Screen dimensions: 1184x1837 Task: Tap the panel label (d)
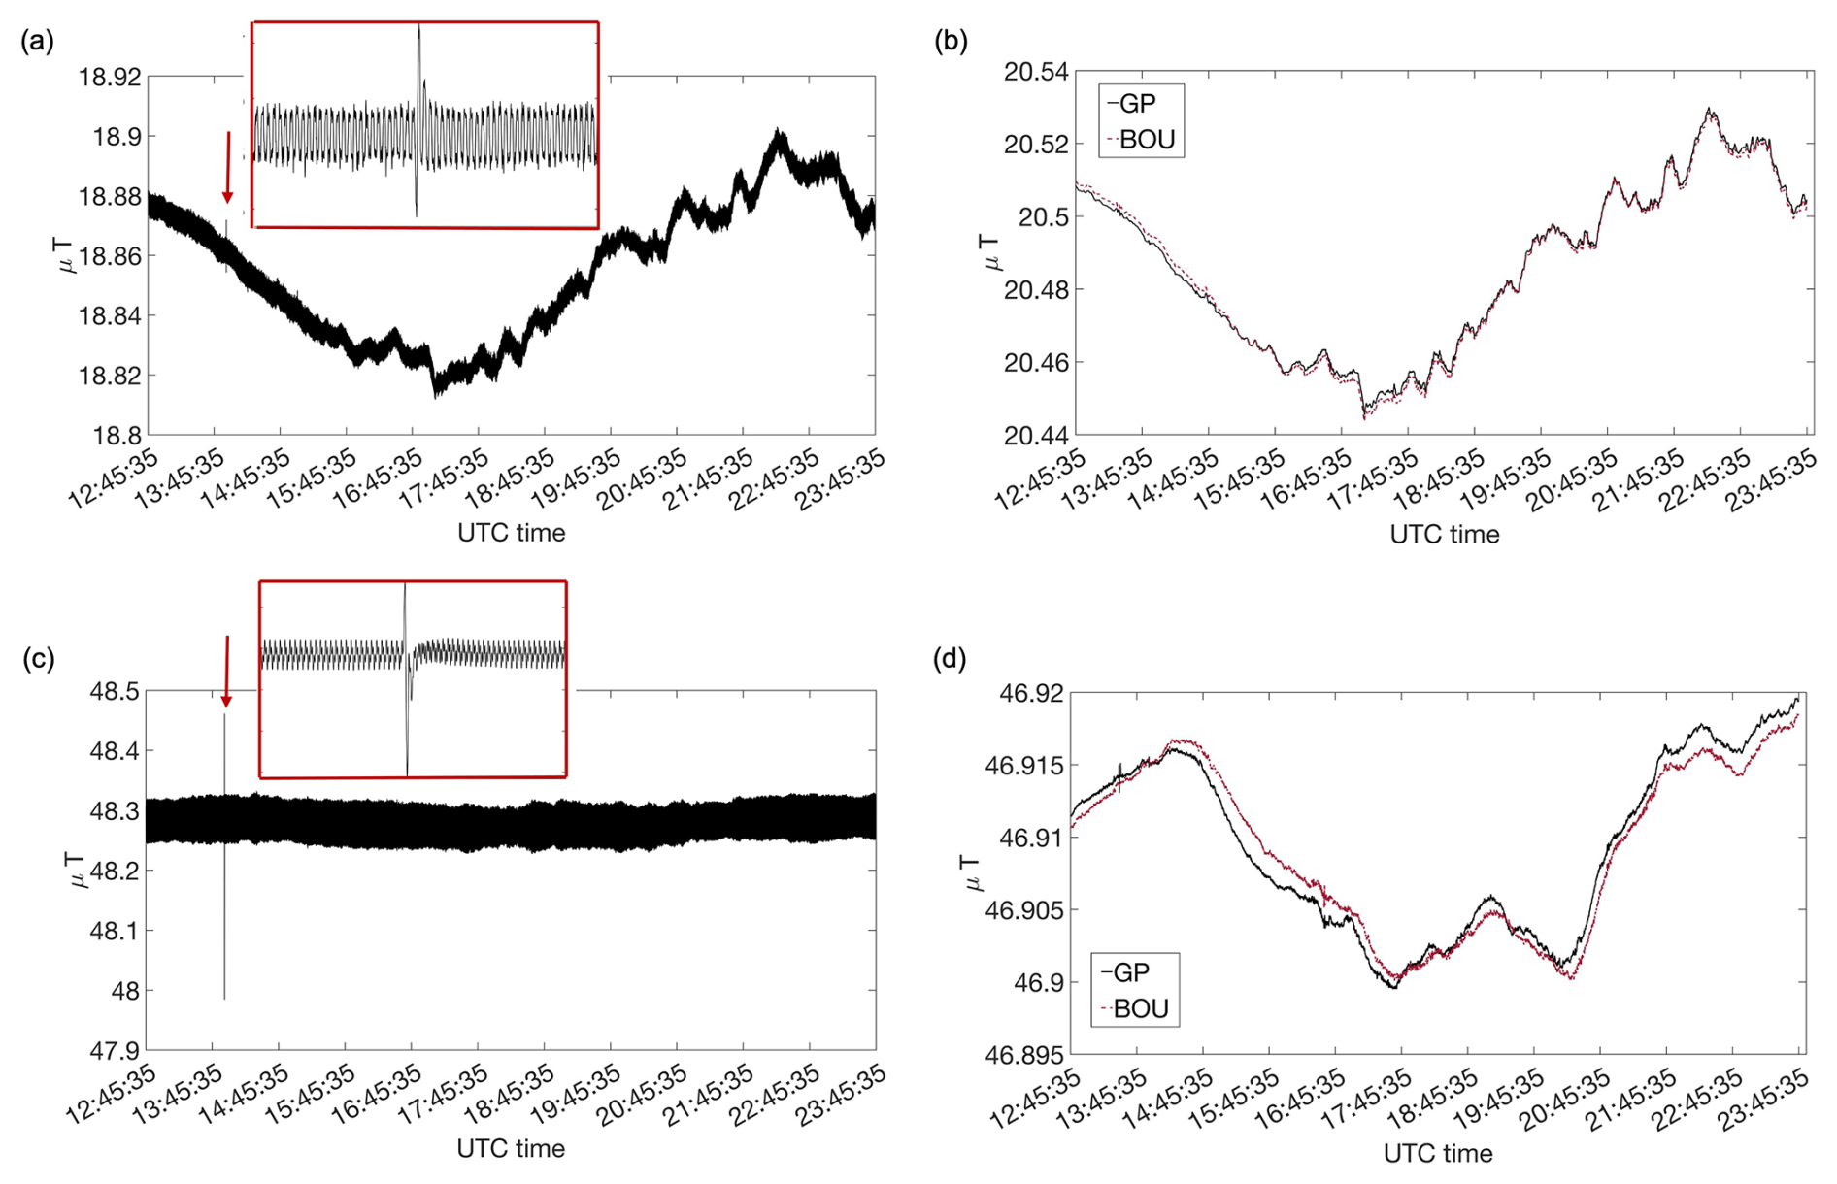coord(950,659)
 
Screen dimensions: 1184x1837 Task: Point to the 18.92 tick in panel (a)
coord(110,77)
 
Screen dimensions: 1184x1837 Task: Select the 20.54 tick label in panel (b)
coord(1036,72)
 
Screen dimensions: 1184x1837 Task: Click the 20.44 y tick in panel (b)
coord(1036,436)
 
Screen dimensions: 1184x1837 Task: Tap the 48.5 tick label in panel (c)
coord(115,692)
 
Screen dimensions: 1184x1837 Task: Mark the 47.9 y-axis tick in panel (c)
coord(115,1050)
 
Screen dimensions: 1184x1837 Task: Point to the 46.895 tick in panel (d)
coord(1023,1055)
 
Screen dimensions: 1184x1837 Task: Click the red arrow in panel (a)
coord(228,167)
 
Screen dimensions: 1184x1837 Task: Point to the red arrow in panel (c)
coord(226,671)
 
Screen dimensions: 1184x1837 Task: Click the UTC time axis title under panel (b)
coord(1444,535)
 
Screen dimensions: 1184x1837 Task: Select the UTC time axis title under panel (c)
coord(511,1149)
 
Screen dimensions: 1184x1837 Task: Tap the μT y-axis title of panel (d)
coord(974,872)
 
